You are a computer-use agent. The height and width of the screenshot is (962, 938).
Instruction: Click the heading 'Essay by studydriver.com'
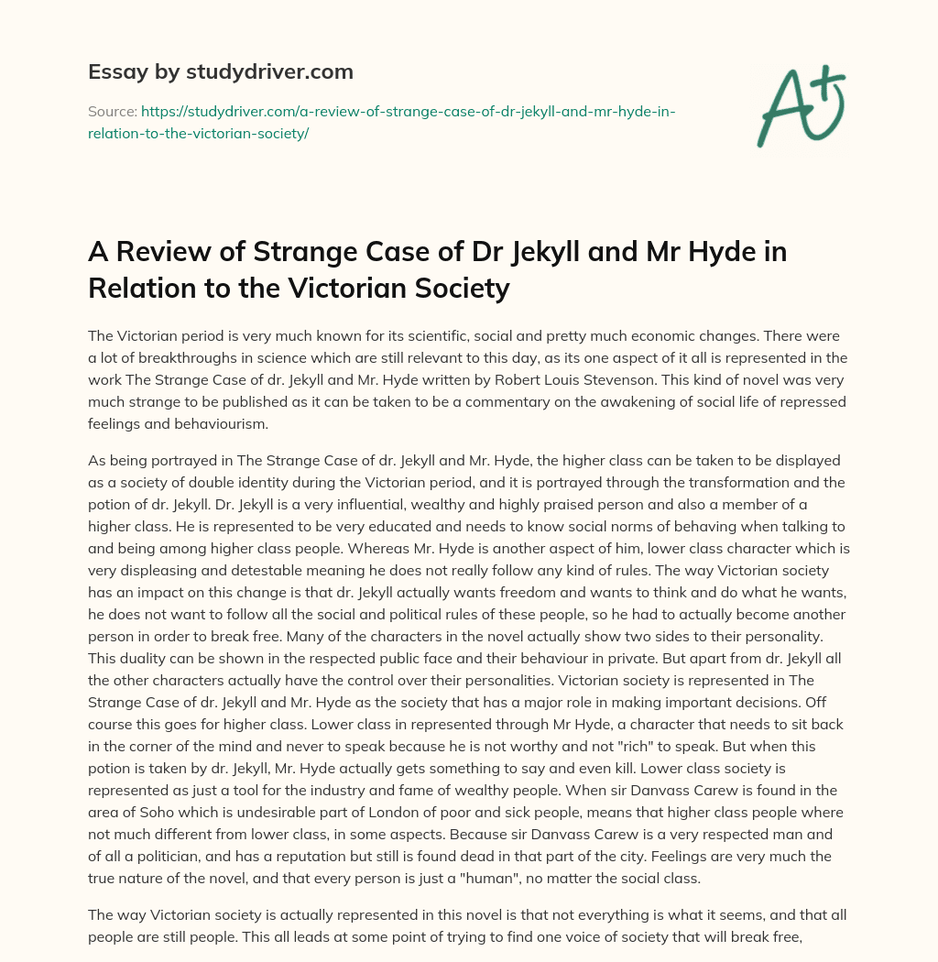[220, 71]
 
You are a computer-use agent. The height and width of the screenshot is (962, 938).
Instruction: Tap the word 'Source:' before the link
[111, 111]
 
